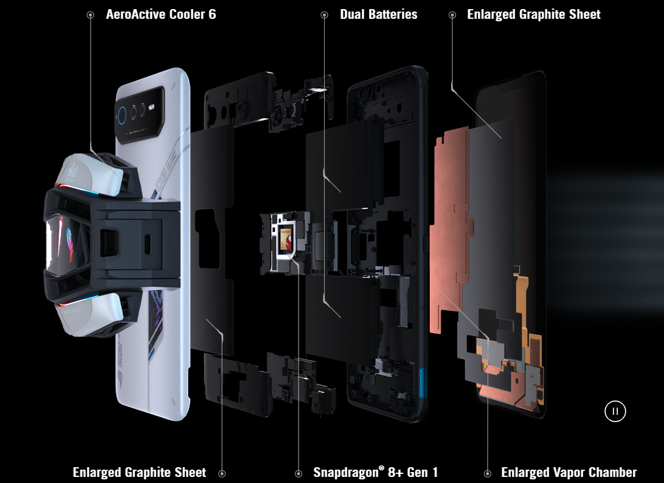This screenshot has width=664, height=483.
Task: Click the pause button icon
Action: [x=615, y=411]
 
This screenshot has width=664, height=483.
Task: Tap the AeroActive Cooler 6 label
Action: [x=161, y=15]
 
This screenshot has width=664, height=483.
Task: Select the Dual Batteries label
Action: [x=379, y=15]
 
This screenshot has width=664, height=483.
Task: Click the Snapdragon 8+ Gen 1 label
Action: [x=376, y=472]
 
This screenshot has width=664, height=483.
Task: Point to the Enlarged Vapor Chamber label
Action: [x=569, y=472]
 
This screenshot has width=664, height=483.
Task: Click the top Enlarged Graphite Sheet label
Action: [x=534, y=15]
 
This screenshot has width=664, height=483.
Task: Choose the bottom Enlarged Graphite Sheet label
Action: [x=139, y=472]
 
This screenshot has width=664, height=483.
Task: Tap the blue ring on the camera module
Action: [x=122, y=115]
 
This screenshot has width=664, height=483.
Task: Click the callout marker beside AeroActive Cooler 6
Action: [x=90, y=15]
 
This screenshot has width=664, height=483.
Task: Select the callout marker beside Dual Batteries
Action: [x=324, y=15]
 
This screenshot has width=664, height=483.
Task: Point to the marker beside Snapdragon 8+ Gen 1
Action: [x=299, y=473]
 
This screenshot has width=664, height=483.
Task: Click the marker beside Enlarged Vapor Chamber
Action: [x=488, y=473]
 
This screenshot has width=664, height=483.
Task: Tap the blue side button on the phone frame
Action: [x=423, y=383]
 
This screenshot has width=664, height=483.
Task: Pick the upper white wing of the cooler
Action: [x=93, y=174]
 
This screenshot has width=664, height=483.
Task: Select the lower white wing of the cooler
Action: [x=91, y=313]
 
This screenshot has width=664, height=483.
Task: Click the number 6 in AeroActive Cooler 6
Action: [x=212, y=15]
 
